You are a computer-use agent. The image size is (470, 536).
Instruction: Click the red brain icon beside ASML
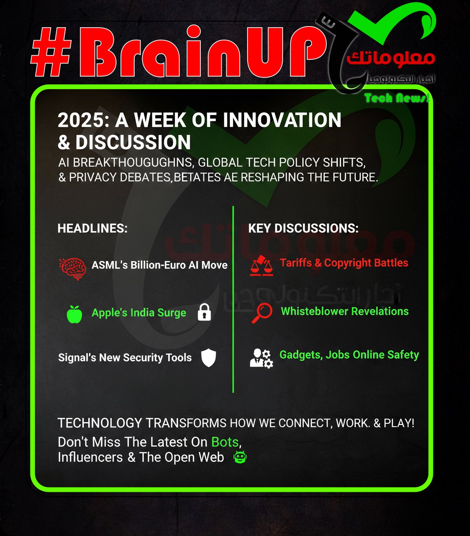(72, 269)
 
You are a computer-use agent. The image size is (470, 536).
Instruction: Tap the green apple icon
(74, 314)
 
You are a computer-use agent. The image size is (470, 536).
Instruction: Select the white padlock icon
(204, 312)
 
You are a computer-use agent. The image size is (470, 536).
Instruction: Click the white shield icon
(209, 358)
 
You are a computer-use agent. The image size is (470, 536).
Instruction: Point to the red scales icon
(261, 266)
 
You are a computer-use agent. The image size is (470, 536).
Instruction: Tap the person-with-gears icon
(261, 359)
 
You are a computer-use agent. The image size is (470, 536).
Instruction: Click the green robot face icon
(240, 457)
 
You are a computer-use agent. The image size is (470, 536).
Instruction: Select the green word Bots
(225, 442)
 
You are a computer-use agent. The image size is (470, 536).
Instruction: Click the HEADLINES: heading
(93, 228)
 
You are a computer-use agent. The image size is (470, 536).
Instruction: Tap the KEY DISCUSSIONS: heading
(303, 228)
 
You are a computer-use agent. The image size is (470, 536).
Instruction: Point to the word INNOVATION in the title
(282, 120)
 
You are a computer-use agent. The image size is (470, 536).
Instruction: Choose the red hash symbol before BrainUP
(51, 52)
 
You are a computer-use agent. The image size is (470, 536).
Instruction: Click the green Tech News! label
(397, 98)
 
